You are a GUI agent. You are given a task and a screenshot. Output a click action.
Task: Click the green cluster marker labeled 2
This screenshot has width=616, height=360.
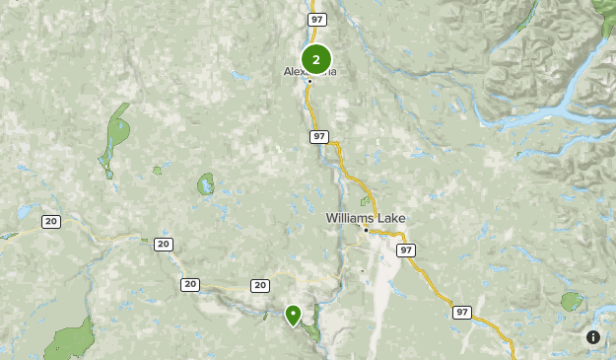[315, 59]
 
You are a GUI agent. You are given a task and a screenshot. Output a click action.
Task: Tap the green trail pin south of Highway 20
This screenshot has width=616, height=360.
[293, 315]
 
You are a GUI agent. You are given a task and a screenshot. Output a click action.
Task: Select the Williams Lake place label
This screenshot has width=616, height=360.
[366, 218]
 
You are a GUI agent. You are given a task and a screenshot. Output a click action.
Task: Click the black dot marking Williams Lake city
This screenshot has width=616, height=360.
[366, 230]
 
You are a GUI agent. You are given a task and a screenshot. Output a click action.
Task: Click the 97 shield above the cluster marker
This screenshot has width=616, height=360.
[316, 20]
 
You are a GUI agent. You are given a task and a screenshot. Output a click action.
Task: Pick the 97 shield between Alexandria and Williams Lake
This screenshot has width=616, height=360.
[317, 136]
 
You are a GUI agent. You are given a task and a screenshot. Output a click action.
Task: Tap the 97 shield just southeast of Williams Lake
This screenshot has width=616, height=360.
[407, 251]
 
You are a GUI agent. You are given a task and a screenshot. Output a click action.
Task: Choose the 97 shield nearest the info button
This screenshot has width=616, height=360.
[462, 312]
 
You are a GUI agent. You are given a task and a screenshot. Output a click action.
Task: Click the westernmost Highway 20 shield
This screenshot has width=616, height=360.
[50, 221]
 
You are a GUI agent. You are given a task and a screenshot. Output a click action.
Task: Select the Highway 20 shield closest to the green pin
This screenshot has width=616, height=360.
[259, 285]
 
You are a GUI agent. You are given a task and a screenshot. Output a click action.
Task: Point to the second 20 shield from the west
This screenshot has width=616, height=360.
[163, 244]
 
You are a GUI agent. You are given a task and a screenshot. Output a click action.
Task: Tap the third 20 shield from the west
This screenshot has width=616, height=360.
[190, 284]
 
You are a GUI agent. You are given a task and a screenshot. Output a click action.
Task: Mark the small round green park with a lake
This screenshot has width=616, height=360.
[206, 184]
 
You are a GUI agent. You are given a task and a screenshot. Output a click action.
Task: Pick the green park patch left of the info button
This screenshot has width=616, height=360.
[572, 302]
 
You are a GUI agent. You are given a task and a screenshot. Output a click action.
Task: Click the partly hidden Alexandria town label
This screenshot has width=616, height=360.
[292, 72]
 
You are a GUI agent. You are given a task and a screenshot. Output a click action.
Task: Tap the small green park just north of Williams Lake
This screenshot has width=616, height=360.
[365, 201]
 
